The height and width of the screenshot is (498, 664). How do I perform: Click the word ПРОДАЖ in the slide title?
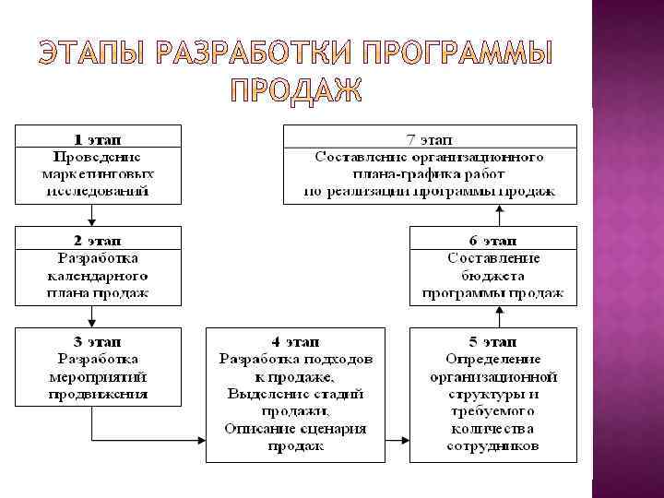coord(295,90)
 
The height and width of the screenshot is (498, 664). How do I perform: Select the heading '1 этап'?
coord(98,140)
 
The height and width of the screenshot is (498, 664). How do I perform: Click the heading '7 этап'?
coord(430,140)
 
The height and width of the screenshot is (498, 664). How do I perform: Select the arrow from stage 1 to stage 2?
coord(91,214)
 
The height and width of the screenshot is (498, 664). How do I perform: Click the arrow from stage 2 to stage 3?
coord(91,315)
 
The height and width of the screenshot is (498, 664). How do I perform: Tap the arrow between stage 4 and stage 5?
coord(397,441)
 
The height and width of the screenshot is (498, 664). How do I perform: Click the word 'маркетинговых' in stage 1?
coord(98,174)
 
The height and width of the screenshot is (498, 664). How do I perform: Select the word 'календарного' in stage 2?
coord(98,277)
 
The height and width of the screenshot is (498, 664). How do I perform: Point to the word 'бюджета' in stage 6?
coord(492,277)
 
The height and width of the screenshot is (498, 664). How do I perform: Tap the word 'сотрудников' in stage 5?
coord(492,446)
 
